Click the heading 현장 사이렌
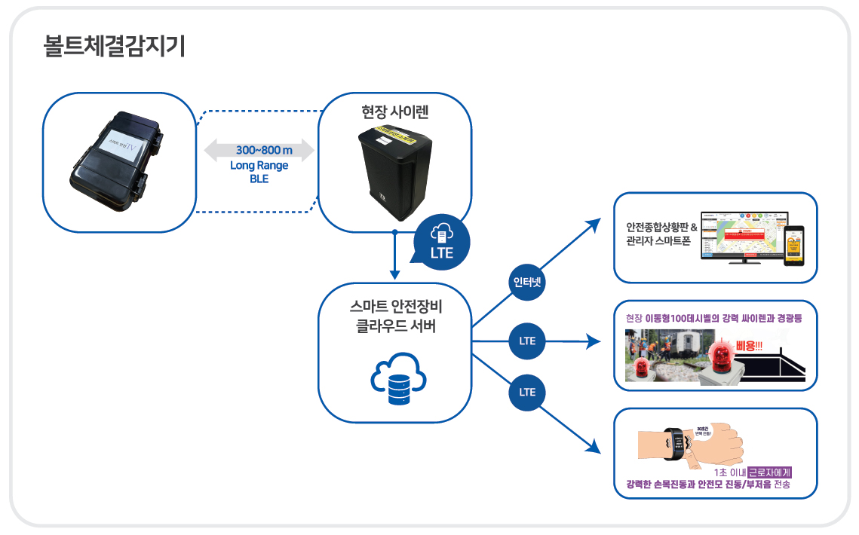pos(394,112)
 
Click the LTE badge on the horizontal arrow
pos(527,341)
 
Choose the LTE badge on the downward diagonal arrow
pos(527,392)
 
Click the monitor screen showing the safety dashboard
pos(744,234)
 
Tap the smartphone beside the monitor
pos(793,245)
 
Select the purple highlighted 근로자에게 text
pos(769,473)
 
